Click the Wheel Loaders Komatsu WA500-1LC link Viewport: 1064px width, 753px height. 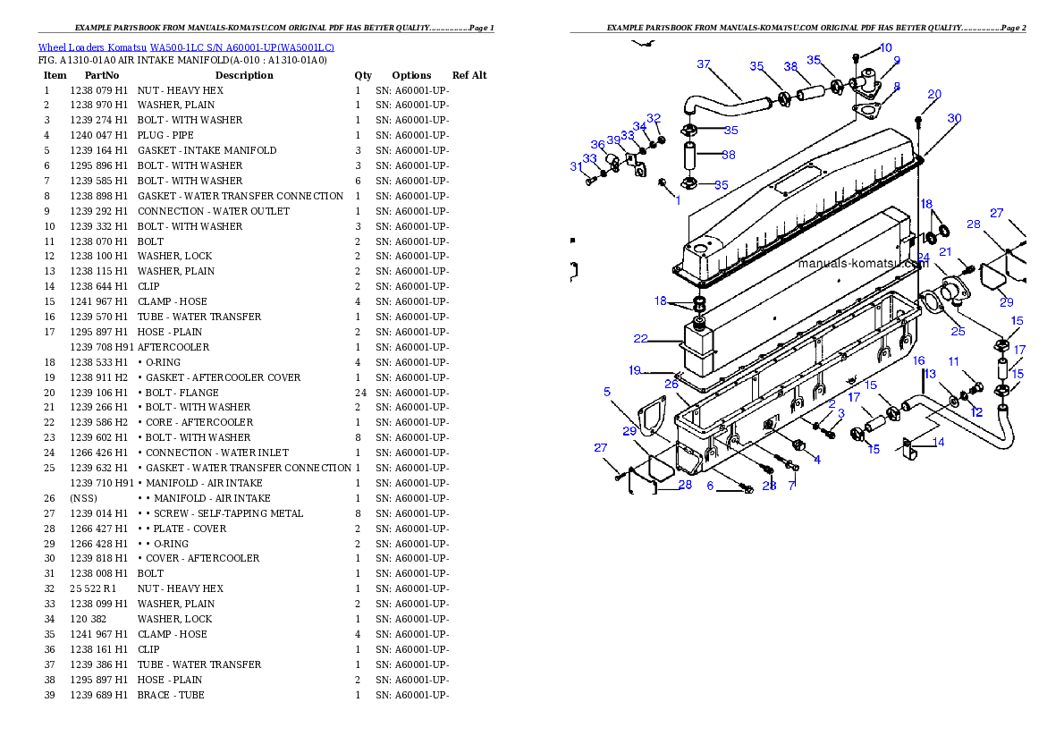pos(186,47)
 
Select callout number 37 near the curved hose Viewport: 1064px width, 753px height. pos(704,64)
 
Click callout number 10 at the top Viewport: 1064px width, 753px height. pos(885,48)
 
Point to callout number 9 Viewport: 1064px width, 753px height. pos(896,61)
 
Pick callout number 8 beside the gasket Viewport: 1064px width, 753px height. pos(897,87)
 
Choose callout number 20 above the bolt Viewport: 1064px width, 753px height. pos(934,94)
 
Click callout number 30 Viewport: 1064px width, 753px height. pos(954,118)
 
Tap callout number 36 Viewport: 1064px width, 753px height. pos(597,145)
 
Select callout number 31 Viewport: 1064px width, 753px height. pos(576,166)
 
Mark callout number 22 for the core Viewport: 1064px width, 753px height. pos(640,339)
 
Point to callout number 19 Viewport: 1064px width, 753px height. pos(635,370)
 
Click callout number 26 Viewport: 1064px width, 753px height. pos(671,384)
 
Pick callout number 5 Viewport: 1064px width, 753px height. pos(607,392)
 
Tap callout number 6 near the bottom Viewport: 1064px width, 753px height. pos(710,486)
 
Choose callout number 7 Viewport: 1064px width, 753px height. pos(791,486)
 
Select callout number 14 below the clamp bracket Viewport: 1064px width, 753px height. pos(938,442)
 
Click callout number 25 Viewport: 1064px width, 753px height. pos(958,332)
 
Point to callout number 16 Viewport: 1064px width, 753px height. pos(918,360)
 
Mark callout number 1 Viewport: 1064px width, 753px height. pos(678,200)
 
